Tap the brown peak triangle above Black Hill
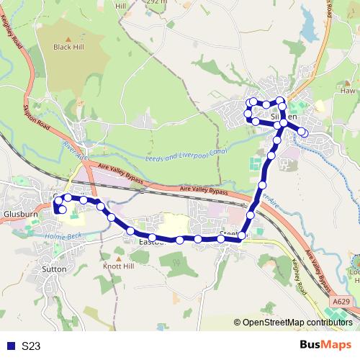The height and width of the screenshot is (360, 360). pos(68,37)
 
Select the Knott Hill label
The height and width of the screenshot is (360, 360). pos(119,266)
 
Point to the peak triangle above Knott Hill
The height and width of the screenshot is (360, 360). pos(119,256)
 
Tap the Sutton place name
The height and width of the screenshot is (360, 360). pos(55,269)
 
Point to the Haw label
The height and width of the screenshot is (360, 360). pos(348,91)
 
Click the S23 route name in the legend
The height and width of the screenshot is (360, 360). pos(31,346)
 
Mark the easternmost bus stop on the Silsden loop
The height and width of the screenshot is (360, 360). pos(304,133)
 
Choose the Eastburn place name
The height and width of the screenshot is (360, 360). pos(152,243)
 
